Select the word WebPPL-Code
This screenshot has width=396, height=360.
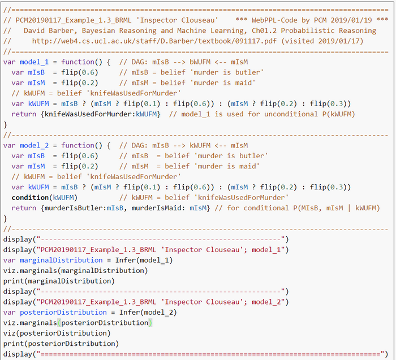click(274, 20)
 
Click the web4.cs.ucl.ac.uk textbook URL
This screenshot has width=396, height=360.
click(154, 41)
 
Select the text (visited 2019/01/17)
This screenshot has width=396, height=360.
click(322, 41)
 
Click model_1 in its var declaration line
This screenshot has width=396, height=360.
click(34, 62)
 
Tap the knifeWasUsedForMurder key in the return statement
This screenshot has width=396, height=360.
click(88, 114)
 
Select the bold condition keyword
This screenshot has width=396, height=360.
click(30, 198)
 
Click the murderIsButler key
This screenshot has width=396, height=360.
click(74, 208)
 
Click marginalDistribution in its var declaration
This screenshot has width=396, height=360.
click(61, 260)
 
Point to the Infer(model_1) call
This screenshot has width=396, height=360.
click(144, 260)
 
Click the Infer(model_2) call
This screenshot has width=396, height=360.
click(148, 313)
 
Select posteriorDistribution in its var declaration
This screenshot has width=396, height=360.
click(63, 313)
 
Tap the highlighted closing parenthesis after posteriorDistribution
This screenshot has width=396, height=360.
click(150, 323)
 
